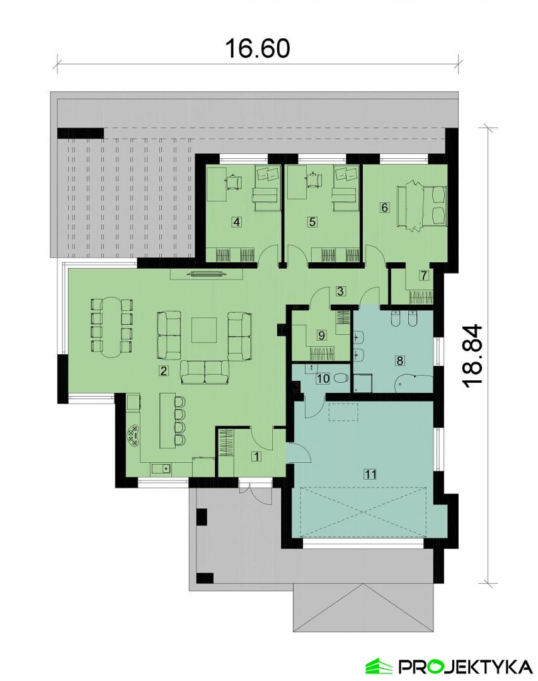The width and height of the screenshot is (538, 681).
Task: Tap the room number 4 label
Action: click(x=236, y=222)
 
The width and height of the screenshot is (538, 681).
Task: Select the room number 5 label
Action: click(x=312, y=222)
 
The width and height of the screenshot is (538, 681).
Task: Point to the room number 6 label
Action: click(x=384, y=207)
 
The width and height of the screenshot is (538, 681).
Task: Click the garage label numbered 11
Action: click(x=370, y=474)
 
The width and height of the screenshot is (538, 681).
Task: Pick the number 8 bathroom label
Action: click(x=399, y=361)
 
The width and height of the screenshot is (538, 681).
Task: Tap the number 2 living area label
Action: click(x=164, y=371)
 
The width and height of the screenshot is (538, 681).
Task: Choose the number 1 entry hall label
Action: click(x=256, y=457)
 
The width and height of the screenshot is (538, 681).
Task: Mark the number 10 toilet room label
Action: click(x=323, y=378)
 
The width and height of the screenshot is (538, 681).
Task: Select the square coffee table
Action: click(x=204, y=330)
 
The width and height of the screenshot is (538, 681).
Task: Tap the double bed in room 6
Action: click(x=421, y=206)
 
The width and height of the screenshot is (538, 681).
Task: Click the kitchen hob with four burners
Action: click(x=134, y=435)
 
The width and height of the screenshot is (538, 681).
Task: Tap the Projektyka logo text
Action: click(x=466, y=666)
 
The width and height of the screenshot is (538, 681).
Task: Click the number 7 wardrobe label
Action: click(x=424, y=275)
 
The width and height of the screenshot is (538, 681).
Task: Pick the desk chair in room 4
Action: click(x=235, y=181)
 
